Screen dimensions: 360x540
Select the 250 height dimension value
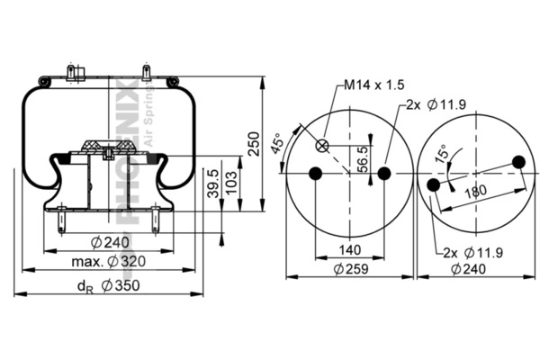coord(254,144)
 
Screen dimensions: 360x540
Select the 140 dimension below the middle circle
coord(349,249)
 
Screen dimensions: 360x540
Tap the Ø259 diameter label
coord(350,268)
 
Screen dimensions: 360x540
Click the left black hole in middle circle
coord(315,173)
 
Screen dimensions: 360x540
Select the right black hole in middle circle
coord(384,173)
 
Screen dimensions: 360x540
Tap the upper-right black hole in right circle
coord(517,162)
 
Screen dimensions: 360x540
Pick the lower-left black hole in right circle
coord(435,184)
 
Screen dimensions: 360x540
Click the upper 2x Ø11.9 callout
coord(435,105)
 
